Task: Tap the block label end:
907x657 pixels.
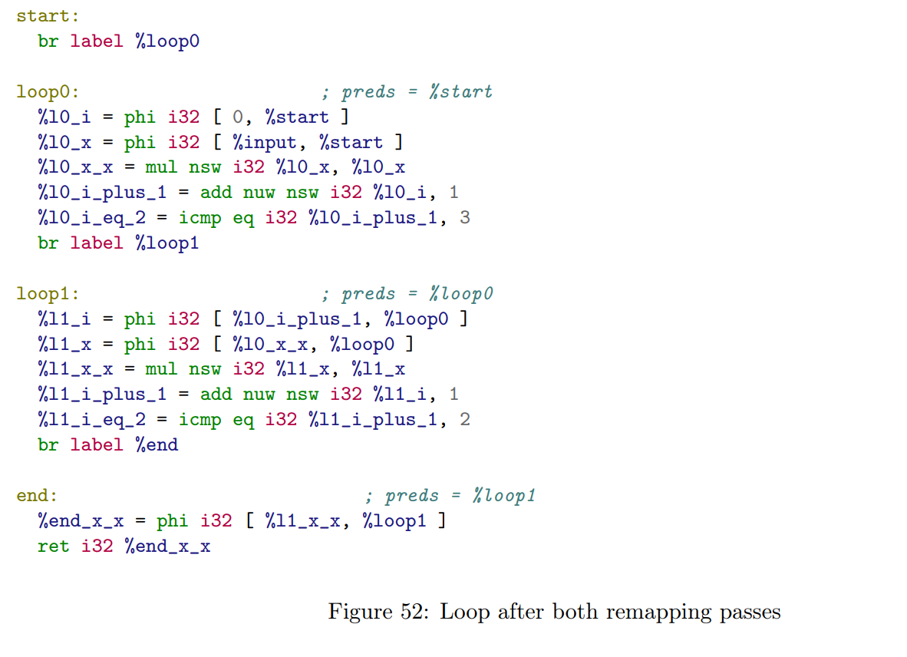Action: [37, 496]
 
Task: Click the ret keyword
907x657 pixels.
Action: [53, 546]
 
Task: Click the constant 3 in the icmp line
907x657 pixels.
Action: [465, 218]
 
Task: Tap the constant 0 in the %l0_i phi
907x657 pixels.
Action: [236, 117]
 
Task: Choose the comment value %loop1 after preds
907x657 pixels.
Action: [503, 496]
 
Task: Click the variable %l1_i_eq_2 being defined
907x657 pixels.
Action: [91, 420]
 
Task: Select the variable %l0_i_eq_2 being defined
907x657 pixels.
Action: [91, 218]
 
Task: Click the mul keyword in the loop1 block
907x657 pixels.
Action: [161, 369]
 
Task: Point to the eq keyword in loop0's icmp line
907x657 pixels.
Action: [243, 218]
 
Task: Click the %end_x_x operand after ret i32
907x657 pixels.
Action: [167, 546]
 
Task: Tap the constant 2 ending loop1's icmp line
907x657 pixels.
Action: [465, 420]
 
